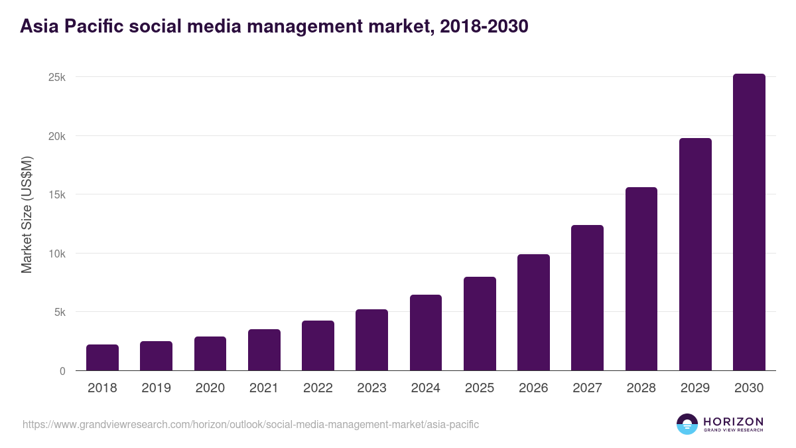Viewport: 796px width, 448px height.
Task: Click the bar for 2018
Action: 102,358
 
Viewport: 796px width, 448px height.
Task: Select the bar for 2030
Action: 749,222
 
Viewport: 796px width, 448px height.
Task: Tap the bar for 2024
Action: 426,333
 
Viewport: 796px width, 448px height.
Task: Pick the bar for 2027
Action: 587,298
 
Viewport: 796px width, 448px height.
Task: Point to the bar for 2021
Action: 264,350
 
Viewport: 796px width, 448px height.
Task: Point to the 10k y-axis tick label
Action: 58,254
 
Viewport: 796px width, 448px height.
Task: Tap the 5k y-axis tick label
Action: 60,313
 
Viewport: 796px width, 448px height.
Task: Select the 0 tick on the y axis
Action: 62,371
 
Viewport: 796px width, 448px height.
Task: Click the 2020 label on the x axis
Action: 210,388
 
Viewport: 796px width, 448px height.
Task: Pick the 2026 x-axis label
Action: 533,388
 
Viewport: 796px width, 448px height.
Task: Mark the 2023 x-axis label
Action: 371,388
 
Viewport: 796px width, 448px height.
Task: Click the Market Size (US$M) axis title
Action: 27,214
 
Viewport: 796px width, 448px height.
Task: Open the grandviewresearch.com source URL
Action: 251,424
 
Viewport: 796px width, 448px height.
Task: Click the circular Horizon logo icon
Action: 687,424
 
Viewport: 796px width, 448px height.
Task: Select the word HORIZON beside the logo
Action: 732,421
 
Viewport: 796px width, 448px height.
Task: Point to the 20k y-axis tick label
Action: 58,136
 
